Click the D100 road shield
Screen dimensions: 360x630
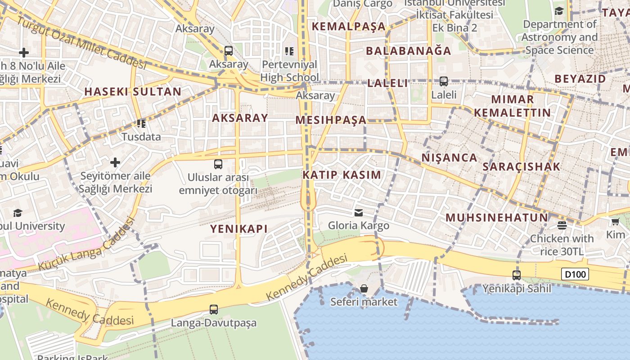575,274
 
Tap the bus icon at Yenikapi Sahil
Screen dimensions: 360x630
517,274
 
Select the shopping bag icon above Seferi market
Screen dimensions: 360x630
364,288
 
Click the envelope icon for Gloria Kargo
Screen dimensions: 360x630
359,212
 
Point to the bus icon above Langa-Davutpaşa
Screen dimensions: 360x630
214,309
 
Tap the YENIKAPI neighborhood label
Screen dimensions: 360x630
239,229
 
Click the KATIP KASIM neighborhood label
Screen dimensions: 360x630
342,175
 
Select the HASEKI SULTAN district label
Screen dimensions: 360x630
133,92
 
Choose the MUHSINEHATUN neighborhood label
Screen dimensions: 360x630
497,218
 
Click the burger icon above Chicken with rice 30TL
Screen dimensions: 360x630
562,225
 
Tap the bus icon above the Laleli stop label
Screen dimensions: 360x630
444,81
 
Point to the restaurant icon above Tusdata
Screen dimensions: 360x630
141,123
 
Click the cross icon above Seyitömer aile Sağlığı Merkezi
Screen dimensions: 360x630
115,162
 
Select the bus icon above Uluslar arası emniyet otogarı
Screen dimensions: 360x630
218,164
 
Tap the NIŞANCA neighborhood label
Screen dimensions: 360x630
449,157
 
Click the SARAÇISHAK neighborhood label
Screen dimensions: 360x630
522,166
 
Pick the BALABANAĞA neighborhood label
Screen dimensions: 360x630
409,51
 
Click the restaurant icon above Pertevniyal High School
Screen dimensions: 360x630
289,51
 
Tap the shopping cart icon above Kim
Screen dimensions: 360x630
615,221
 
